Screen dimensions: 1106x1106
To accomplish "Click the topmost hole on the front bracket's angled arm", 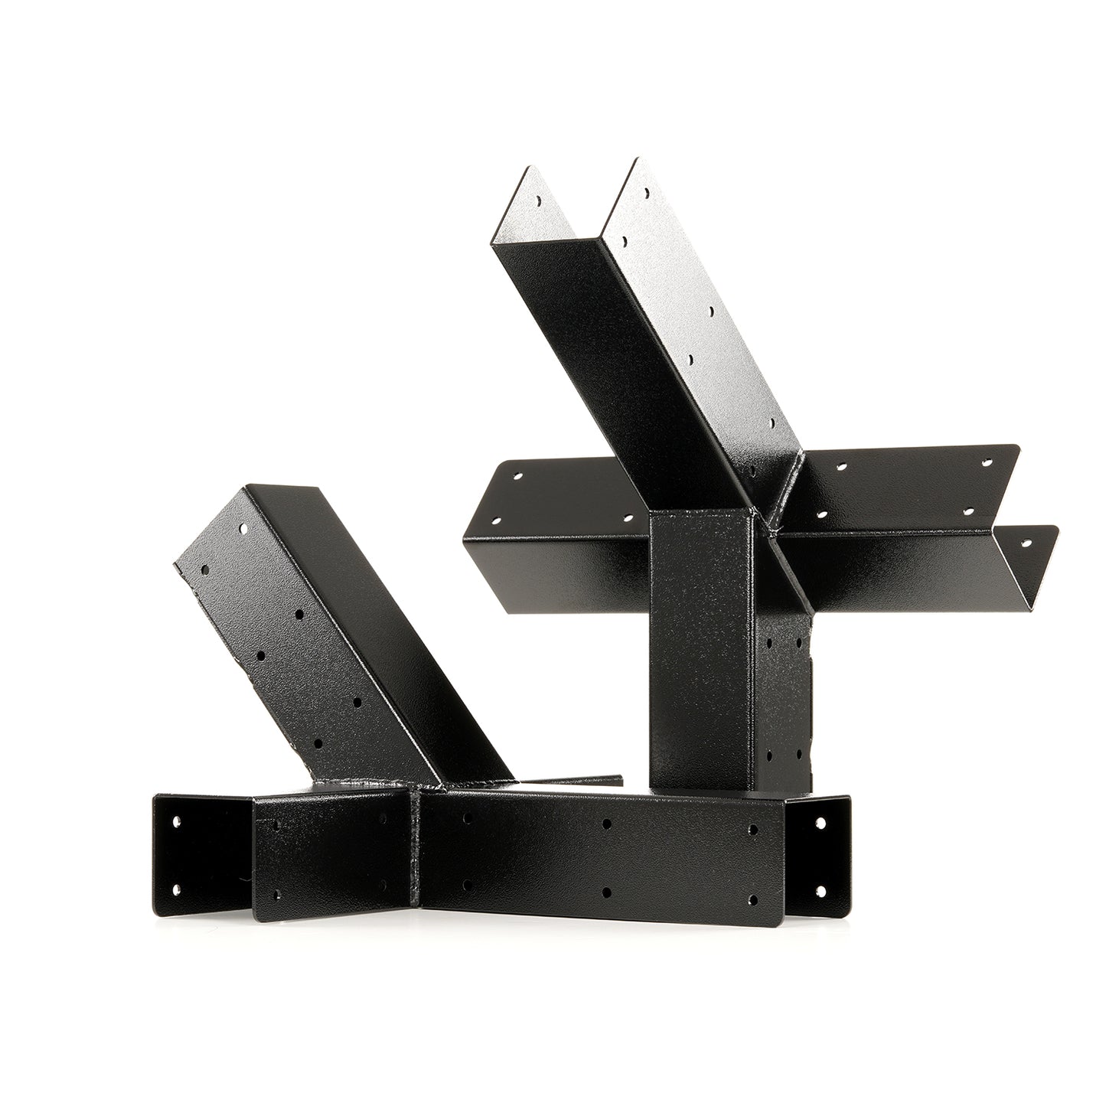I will pos(243,529).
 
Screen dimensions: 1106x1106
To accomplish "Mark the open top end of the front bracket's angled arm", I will pos(245,528).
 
